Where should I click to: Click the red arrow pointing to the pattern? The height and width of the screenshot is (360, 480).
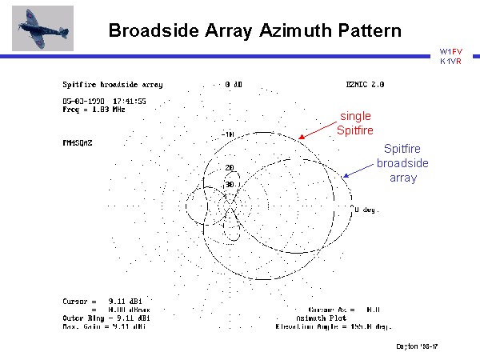pyautogui.click(x=318, y=126)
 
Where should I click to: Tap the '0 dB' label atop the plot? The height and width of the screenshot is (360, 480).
pyautogui.click(x=234, y=84)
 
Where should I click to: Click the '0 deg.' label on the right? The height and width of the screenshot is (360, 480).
pyautogui.click(x=366, y=210)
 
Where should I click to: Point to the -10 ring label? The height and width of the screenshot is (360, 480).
pyautogui.click(x=227, y=134)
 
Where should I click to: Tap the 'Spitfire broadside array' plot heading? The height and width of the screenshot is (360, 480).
pyautogui.click(x=112, y=84)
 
